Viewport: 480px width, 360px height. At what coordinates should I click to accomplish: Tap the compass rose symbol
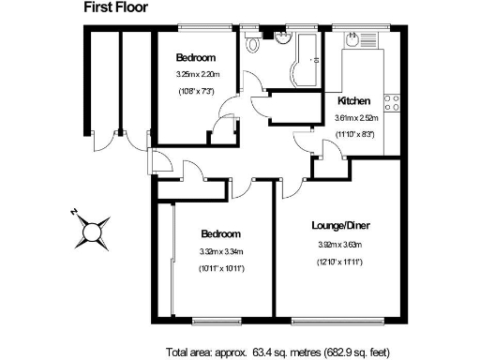coord(95,229)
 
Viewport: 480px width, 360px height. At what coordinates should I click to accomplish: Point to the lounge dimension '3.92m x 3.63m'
coord(340,245)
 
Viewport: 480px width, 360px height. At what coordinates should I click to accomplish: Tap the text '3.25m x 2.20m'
coord(195,74)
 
